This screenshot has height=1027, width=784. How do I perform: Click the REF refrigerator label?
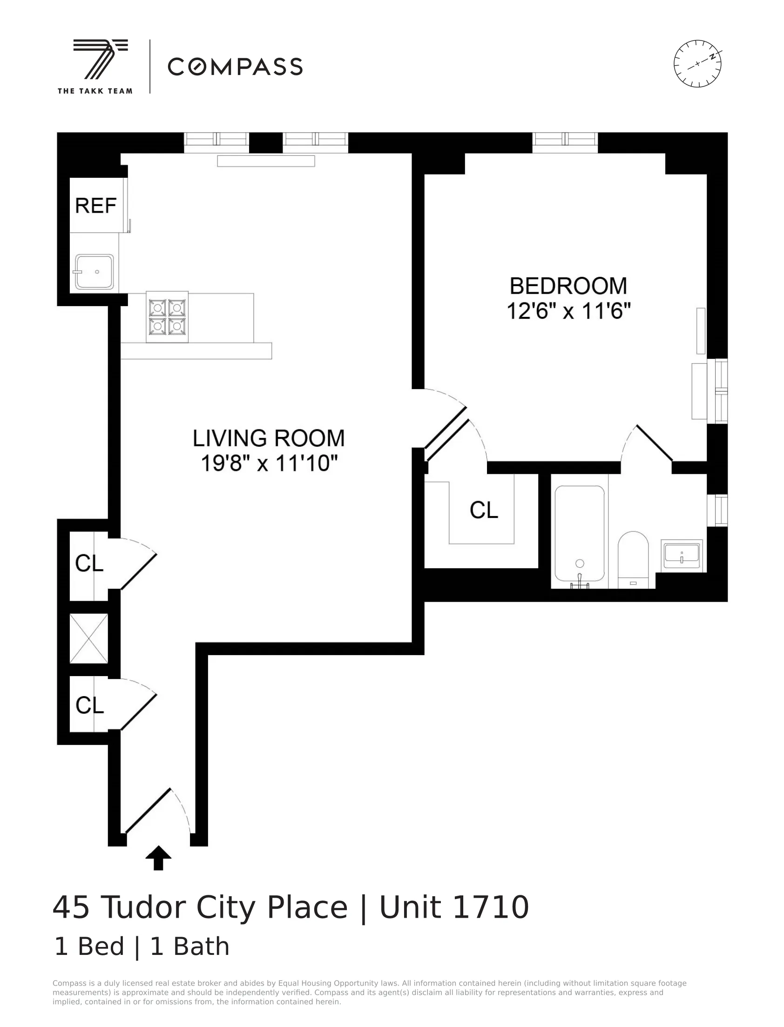pyautogui.click(x=95, y=206)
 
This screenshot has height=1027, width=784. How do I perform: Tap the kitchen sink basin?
pyautogui.click(x=94, y=272)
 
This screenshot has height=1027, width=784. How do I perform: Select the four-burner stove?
pyautogui.click(x=167, y=317)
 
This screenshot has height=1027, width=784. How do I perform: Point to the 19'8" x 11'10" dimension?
pyautogui.click(x=269, y=463)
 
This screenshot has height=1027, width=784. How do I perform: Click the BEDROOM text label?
pyautogui.click(x=568, y=286)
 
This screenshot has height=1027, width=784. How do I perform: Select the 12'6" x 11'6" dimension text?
pyautogui.click(x=568, y=311)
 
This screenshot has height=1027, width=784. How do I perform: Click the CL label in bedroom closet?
pyautogui.click(x=483, y=510)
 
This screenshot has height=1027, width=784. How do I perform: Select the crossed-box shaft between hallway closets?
pyautogui.click(x=88, y=638)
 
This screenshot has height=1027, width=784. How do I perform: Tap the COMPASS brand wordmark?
pyautogui.click(x=235, y=67)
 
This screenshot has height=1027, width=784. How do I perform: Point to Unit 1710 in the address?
pyautogui.click(x=453, y=907)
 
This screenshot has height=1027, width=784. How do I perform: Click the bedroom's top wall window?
pyautogui.click(x=565, y=142)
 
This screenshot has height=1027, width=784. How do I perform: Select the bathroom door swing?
pyautogui.click(x=646, y=443)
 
